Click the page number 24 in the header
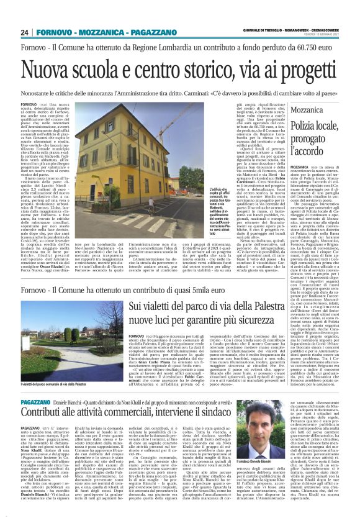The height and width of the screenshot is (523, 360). [x=24, y=32]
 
